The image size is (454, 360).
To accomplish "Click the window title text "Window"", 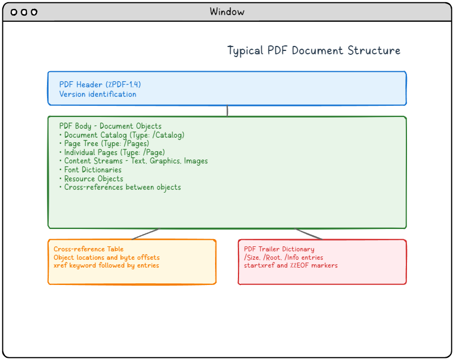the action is (227, 12).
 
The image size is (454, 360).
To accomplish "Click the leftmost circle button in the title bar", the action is (14, 12).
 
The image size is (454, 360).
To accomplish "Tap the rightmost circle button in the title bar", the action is (34, 12).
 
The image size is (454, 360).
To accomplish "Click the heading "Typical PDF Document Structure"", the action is (313, 51).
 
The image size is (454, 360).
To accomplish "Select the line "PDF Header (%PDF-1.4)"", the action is (100, 85).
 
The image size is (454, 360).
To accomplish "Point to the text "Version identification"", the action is (97, 94).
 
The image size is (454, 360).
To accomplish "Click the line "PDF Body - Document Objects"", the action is (110, 126).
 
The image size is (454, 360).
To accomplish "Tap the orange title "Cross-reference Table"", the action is (88, 249).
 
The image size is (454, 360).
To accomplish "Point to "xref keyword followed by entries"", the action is (106, 265).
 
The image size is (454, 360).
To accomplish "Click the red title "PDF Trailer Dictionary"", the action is (279, 249).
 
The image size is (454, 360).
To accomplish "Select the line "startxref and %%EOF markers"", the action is (291, 265).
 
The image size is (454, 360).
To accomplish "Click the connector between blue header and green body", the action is (227, 111).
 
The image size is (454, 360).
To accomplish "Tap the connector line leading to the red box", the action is (308, 234).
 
